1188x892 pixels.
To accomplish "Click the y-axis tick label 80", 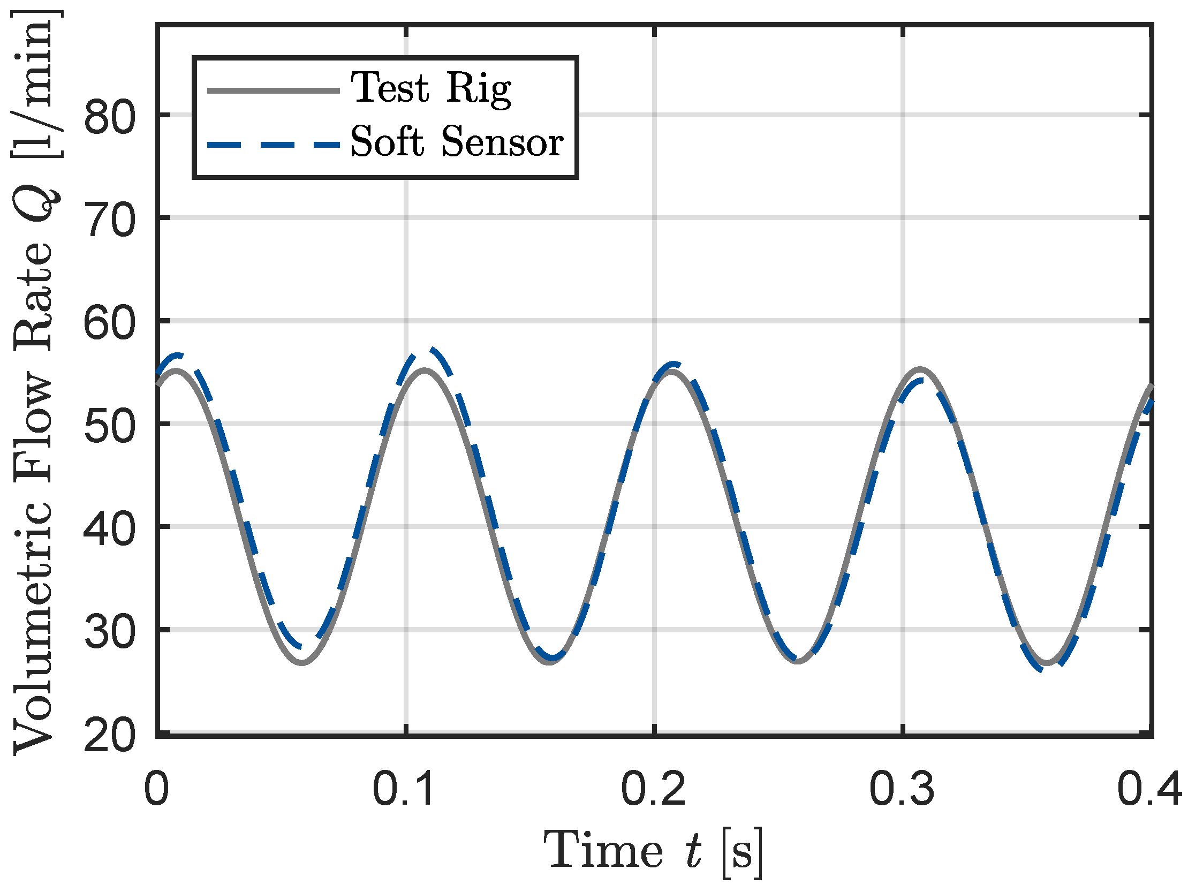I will (x=109, y=118).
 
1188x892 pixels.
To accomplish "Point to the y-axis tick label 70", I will (x=109, y=221).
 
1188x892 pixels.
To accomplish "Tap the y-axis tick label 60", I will (x=109, y=324).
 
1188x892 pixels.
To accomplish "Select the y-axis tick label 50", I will (x=109, y=427).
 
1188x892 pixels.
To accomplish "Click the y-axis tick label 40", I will (x=109, y=530).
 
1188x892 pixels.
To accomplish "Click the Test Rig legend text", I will (x=431, y=88).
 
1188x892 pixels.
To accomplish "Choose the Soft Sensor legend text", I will (x=457, y=142).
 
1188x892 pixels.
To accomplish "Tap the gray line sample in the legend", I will (x=274, y=91).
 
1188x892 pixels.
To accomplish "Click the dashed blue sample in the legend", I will (x=274, y=145).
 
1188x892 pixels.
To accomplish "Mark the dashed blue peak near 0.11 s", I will (x=432, y=351).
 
